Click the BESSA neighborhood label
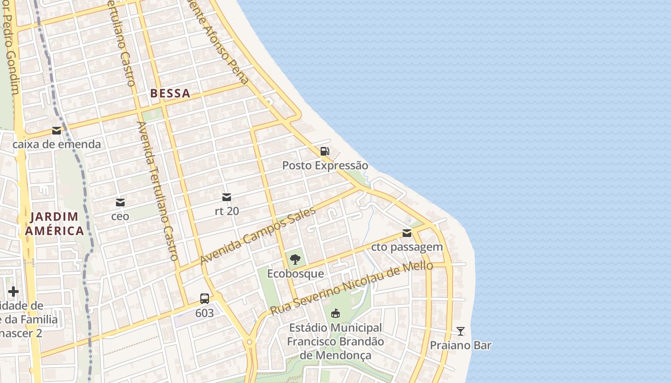point(170,93)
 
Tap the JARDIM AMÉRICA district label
point(55,224)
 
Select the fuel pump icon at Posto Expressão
point(324,151)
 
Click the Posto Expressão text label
point(325,166)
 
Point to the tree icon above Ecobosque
point(295,259)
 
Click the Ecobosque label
point(295,274)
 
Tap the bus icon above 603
point(205,299)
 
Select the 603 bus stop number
point(205,313)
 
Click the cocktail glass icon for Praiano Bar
point(460,331)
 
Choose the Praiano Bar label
point(460,345)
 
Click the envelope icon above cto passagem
point(407,233)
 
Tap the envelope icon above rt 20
point(227,197)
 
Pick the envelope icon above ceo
point(120,202)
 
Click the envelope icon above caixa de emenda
point(57,130)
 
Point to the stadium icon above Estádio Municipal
point(335,314)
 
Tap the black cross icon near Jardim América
point(13,291)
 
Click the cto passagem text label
point(407,248)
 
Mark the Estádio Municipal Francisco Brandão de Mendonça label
point(335,342)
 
